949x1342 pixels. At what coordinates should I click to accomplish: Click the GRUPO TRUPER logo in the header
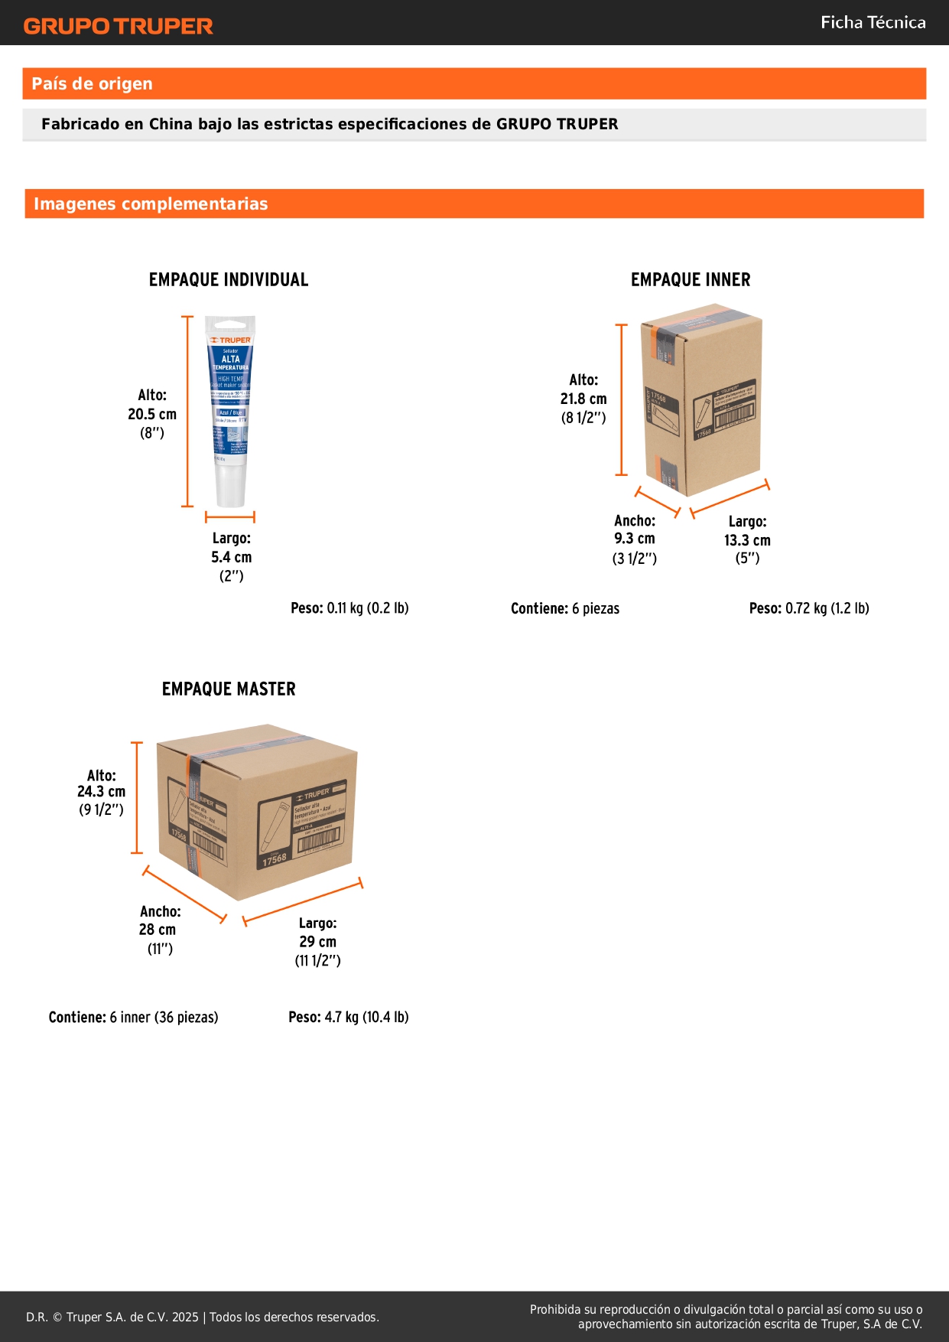click(119, 26)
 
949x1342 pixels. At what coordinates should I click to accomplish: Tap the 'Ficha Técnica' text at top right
click(873, 22)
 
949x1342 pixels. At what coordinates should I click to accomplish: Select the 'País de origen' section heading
click(92, 83)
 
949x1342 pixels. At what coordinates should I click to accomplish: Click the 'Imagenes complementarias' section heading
click(151, 204)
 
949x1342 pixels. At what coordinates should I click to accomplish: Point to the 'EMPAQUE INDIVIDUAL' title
click(229, 280)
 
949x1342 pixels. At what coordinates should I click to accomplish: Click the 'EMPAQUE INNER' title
click(691, 280)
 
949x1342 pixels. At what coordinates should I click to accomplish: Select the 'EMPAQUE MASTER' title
click(229, 689)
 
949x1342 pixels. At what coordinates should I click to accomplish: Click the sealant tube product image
click(230, 412)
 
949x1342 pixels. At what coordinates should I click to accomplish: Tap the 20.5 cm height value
click(152, 414)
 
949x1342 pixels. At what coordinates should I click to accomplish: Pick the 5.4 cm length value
click(232, 557)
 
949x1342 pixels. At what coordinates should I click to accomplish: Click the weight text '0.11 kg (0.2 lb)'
click(368, 608)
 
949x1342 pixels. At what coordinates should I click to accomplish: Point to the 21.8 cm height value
click(583, 399)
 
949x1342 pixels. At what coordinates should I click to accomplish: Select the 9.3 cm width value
click(635, 539)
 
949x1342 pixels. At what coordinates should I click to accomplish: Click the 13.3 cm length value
click(747, 540)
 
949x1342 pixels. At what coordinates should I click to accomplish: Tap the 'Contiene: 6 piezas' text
click(565, 609)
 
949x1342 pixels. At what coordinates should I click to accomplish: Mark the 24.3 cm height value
click(101, 792)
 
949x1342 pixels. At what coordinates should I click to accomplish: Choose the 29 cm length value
click(317, 942)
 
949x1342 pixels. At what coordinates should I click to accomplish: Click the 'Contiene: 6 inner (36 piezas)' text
click(133, 1018)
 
